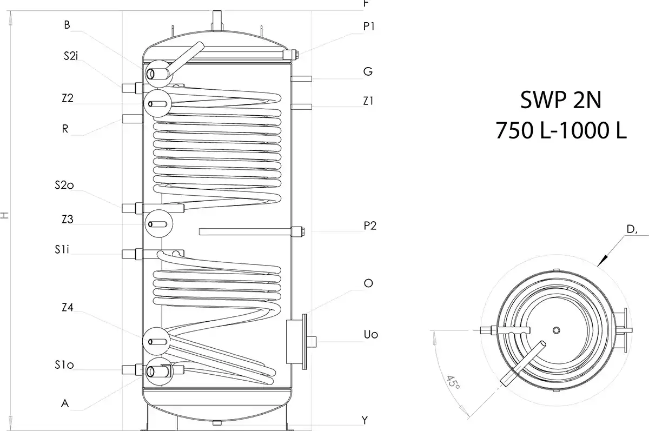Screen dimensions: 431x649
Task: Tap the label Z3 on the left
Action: [x=68, y=220]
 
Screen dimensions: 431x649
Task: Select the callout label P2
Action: [x=369, y=226]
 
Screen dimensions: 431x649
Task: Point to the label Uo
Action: [x=370, y=335]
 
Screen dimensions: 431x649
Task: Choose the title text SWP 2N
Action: [x=560, y=101]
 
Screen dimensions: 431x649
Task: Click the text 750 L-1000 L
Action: [x=561, y=131]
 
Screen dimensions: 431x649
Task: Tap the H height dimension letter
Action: [x=5, y=215]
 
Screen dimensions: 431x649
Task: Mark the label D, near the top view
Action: [x=631, y=230]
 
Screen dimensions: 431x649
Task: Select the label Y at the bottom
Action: [x=365, y=420]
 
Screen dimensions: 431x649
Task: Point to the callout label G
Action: [x=368, y=71]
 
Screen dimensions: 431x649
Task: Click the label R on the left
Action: [x=65, y=129]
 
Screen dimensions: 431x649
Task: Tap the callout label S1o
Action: [x=64, y=366]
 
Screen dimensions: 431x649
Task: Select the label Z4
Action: [x=68, y=307]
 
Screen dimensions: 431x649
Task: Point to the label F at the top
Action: [x=367, y=3]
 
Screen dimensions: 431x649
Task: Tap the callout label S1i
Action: [x=62, y=249]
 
